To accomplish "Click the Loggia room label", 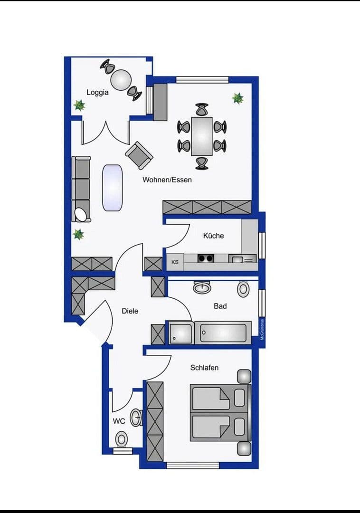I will point(97,92).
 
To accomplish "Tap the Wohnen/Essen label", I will point(167,180).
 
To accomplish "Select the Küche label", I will point(213,236).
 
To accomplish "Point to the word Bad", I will point(220,306).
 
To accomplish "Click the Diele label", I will point(130,311).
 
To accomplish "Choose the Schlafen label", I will point(204,368).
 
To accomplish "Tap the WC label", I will point(118,421).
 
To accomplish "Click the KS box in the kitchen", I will point(175,262).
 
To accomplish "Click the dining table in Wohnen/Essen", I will point(202,136).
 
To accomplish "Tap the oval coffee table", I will point(113,187).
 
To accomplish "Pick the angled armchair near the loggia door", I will point(139,155).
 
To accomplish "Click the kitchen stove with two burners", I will point(206,258).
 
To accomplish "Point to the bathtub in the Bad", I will point(223,332).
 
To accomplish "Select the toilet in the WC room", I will point(122,438).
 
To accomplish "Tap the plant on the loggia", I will point(79,105).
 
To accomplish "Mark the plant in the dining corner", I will point(237,98).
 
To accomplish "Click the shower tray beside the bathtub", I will point(181,332).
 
